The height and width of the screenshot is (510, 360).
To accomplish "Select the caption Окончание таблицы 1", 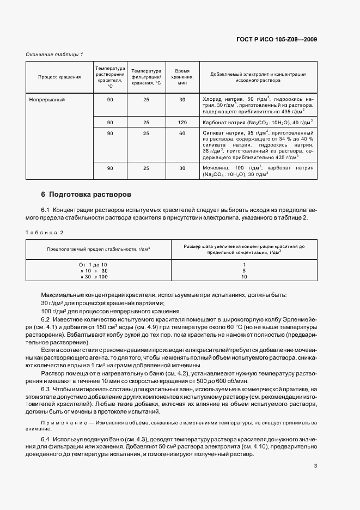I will (54, 54).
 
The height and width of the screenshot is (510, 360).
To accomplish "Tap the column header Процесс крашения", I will (59, 77).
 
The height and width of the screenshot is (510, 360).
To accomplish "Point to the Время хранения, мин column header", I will (182, 77).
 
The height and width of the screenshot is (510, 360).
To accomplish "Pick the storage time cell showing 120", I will (182, 123).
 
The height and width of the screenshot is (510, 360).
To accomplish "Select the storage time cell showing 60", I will (182, 133).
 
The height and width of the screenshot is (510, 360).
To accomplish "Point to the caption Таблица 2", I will (45, 233).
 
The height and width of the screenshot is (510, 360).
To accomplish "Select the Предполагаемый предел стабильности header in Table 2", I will (99, 249).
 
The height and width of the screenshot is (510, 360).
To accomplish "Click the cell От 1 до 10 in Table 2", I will (93, 264).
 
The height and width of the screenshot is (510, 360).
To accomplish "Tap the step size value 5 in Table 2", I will (244, 271).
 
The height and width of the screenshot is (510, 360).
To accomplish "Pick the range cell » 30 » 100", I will (94, 277).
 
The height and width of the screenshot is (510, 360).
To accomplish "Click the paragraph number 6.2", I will (45, 318).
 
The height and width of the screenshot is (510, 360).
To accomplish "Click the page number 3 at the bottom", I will (315, 465).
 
